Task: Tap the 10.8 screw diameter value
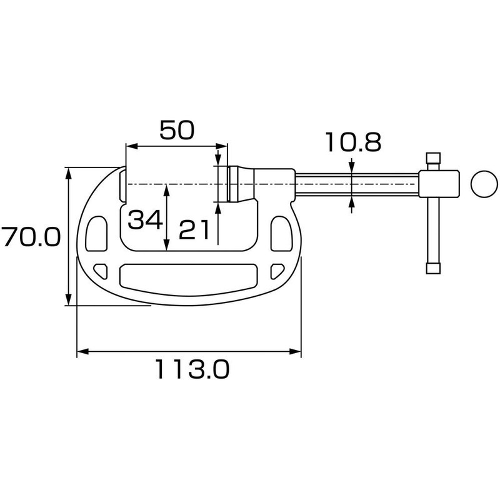coord(352,143)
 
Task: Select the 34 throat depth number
coord(145,219)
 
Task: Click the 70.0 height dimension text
coord(30,237)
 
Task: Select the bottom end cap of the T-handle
coord(434,269)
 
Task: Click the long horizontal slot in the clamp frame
coord(188,275)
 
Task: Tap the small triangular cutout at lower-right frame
coord(277,270)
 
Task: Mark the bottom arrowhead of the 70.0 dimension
coord(68,301)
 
